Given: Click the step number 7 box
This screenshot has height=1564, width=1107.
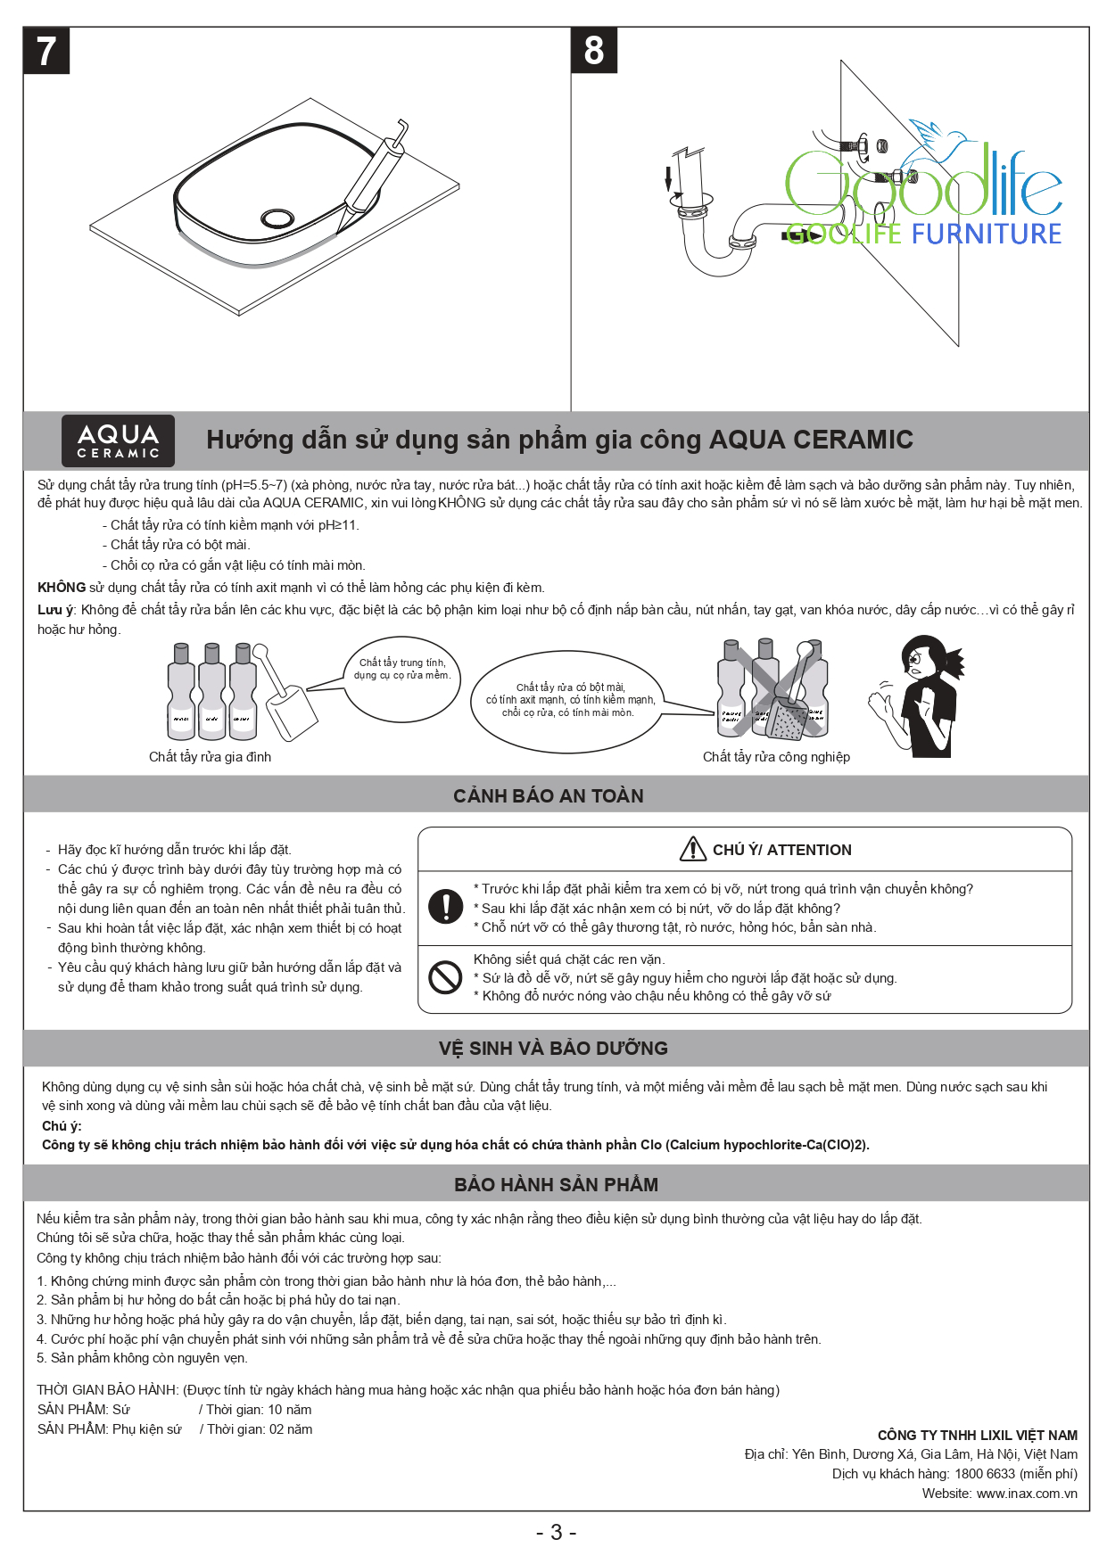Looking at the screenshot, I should [46, 51].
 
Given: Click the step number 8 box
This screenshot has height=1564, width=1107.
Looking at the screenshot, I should [594, 51].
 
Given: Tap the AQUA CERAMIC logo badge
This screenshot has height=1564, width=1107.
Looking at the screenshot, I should [118, 440].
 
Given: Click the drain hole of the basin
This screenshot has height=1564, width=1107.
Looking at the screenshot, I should [277, 218].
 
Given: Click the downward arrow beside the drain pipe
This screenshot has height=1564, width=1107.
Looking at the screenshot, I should [667, 177].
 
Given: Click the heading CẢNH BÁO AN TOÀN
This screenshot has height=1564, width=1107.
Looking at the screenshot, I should [548, 795].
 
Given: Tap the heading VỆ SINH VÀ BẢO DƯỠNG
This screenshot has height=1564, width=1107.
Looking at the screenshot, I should [553, 1048].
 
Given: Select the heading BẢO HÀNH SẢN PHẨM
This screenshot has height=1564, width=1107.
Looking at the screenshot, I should [556, 1184].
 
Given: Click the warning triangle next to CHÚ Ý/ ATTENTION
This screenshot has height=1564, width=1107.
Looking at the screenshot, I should [693, 850].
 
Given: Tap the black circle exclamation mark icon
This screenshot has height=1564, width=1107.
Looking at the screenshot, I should [445, 906].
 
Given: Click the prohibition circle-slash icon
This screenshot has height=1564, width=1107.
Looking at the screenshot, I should [445, 977].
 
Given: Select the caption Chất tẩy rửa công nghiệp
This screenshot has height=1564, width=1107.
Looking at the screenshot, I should [776, 757].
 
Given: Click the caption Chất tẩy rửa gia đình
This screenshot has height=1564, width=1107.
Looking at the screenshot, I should [210, 757].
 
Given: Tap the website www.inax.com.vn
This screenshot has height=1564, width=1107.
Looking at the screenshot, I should [1026, 1494].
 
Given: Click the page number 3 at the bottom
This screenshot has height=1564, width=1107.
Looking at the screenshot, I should [556, 1533].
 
